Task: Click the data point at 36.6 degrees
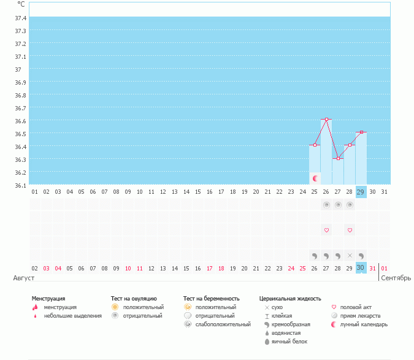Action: point(326,119)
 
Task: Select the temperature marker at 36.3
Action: point(338,158)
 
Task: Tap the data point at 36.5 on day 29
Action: point(361,132)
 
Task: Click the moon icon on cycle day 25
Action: point(315,178)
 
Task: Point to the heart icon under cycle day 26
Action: point(326,230)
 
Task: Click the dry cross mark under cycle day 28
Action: point(350,255)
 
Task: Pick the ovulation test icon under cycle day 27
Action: point(338,205)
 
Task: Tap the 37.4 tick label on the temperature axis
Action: point(20,18)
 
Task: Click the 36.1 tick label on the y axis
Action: point(20,185)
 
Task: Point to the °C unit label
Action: point(21,4)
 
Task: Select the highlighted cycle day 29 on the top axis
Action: point(361,192)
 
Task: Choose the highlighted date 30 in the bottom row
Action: point(361,267)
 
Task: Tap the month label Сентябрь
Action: point(396,278)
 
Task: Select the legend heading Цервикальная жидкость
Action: point(290,299)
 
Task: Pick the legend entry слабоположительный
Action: point(223,324)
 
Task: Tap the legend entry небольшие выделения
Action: point(73,315)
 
